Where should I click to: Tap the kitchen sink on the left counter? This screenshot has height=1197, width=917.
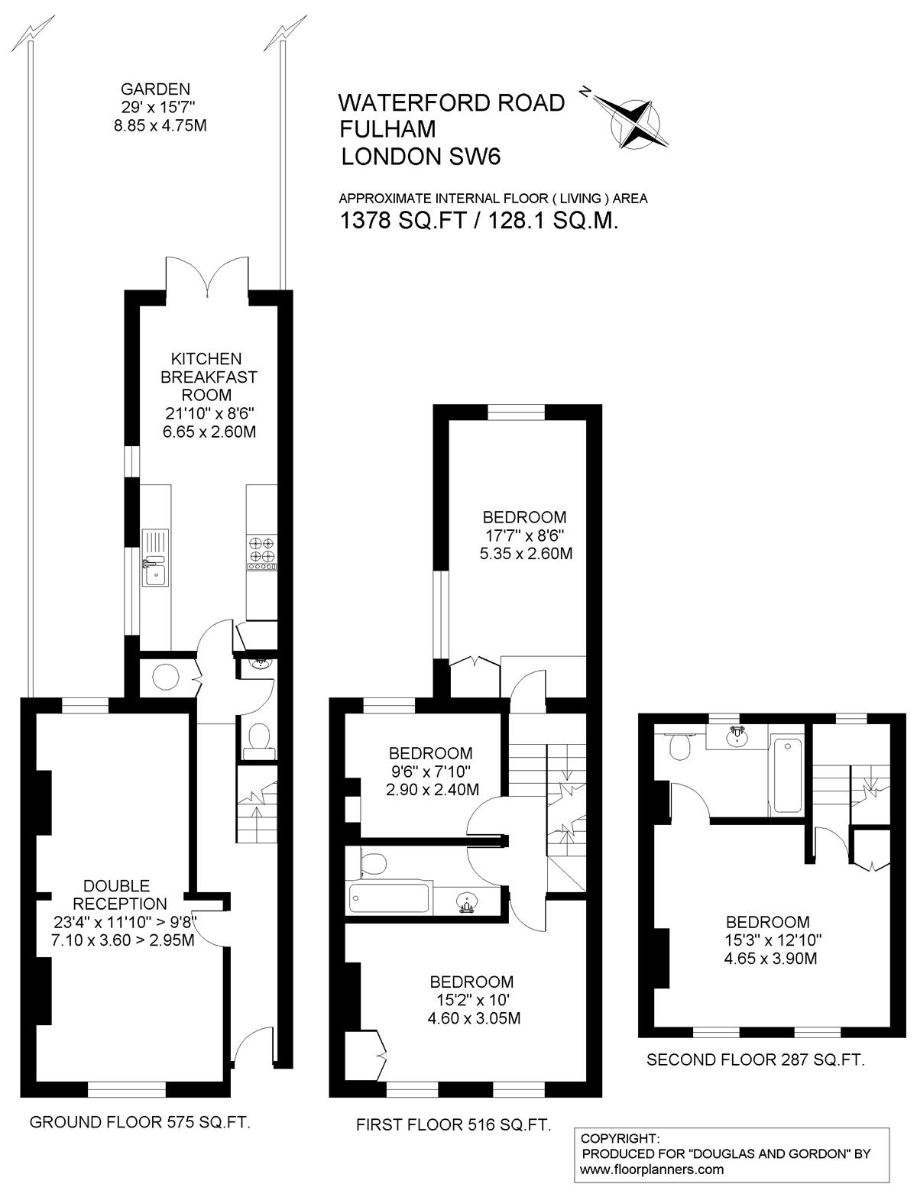(x=156, y=557)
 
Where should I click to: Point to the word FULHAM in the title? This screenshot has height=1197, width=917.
(x=387, y=128)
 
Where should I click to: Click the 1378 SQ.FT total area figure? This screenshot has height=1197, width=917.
(x=403, y=220)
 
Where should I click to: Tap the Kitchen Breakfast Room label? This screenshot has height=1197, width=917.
(x=208, y=377)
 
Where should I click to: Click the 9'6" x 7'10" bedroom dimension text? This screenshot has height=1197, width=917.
(x=430, y=772)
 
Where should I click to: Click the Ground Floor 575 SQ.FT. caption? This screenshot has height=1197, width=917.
(x=140, y=1121)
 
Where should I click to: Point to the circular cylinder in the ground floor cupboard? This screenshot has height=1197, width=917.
(x=166, y=677)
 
